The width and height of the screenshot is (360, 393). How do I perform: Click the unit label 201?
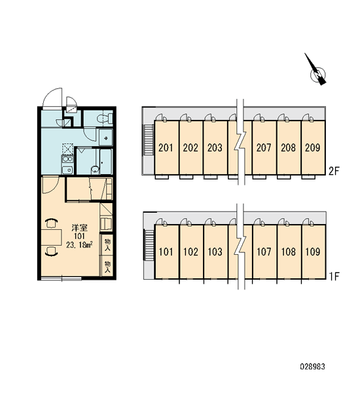pyautogui.click(x=166, y=147)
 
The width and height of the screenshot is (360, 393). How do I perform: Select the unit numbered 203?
pyautogui.click(x=215, y=147)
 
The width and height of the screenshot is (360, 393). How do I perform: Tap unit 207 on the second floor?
pyautogui.click(x=264, y=147)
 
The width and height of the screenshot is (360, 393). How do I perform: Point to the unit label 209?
pyautogui.click(x=313, y=147)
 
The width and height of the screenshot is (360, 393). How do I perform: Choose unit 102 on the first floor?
pyautogui.click(x=190, y=252)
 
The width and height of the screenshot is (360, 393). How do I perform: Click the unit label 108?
pyautogui.click(x=289, y=252)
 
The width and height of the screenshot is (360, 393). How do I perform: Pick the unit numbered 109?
pyautogui.click(x=313, y=252)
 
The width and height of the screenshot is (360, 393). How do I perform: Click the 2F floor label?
pyautogui.click(x=334, y=171)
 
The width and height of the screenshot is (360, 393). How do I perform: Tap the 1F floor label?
pyautogui.click(x=334, y=276)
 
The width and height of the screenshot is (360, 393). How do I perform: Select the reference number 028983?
pyautogui.click(x=313, y=367)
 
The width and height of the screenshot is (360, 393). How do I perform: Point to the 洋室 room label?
pyautogui.click(x=79, y=228)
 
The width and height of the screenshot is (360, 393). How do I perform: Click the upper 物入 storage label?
pyautogui.click(x=107, y=245)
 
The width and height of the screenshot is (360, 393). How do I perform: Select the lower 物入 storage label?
pyautogui.click(x=107, y=267)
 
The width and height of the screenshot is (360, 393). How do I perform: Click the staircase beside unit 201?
pyautogui.click(x=148, y=140)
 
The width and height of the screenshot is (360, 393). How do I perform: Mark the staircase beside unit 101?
pyautogui.click(x=149, y=244)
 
